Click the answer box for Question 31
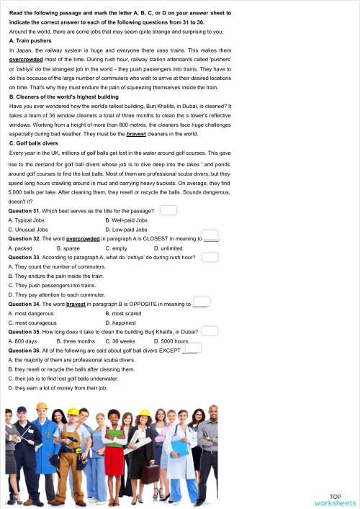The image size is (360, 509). point(168,210)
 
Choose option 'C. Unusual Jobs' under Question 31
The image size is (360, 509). point(28,229)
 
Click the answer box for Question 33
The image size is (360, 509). point(210,256)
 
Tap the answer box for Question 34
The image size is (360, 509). point(202,303)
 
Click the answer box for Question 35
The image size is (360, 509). point(210,330)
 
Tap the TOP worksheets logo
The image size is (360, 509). point(335,499)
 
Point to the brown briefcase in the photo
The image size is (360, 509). point(149,473)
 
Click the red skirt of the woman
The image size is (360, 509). point(114,465)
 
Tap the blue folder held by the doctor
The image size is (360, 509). point(179,448)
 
